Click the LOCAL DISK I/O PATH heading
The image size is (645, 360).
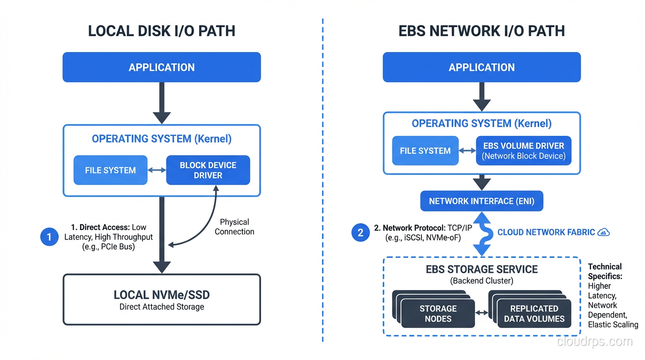tap(162, 31)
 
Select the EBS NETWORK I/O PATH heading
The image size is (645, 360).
tap(481, 31)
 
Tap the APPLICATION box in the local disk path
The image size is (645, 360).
tap(162, 67)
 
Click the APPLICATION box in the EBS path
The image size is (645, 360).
tap(481, 67)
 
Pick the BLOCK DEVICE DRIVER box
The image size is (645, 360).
tap(208, 170)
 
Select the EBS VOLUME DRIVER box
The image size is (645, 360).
tap(524, 151)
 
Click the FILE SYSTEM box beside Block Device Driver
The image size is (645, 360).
tap(110, 170)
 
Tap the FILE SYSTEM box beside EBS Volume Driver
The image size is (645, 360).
tap(425, 151)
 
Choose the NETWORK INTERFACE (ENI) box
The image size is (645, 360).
tap(481, 201)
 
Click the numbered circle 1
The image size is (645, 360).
tap(49, 237)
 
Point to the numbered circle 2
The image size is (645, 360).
tap(360, 232)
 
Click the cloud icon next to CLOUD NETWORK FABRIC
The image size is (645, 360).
tap(604, 232)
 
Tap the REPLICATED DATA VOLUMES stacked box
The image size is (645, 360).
tap(534, 314)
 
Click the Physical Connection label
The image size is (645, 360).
tap(234, 227)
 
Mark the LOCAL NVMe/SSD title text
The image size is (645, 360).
tap(162, 295)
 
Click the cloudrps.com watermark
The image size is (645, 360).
tap(594, 341)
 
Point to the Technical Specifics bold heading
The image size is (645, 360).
tap(605, 271)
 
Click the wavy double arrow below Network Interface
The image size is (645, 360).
tap(481, 233)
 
